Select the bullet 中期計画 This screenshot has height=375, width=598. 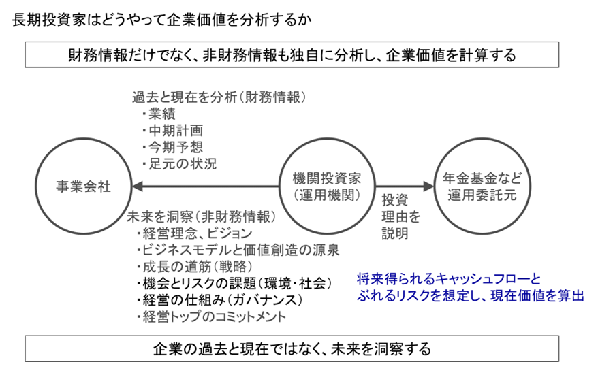coord(172,131)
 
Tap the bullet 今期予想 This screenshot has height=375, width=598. coord(172,148)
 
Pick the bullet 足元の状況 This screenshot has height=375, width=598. coord(179,164)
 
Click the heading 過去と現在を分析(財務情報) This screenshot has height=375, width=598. coord(219,97)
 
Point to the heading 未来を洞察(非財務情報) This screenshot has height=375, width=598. coord(201,217)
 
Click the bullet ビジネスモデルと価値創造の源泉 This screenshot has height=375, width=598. coord(238,250)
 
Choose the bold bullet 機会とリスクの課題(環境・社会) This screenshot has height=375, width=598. coord(234,284)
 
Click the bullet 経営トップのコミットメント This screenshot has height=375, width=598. coord(211,317)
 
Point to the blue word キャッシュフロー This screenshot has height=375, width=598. coord(484,279)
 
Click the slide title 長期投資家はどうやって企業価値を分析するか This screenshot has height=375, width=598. coord(161,20)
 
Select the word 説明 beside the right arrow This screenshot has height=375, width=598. coord(395,233)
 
